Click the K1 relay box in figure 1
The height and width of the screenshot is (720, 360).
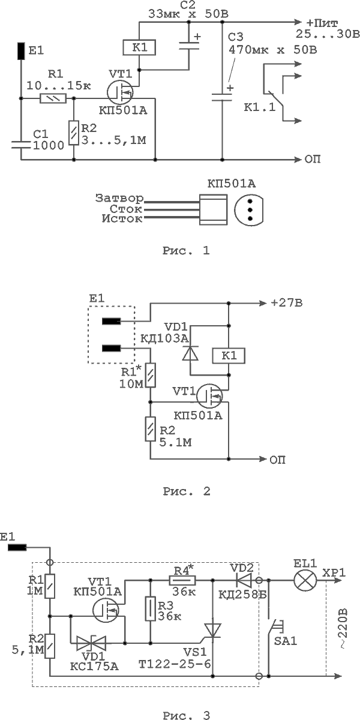coord(139,47)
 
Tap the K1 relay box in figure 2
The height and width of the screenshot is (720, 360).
coord(229,356)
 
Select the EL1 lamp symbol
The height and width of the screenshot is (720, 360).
coord(305,581)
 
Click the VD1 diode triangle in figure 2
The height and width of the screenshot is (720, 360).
coord(190,352)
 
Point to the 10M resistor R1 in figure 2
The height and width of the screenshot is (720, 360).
coord(151,375)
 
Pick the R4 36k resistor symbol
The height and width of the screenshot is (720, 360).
coord(182,580)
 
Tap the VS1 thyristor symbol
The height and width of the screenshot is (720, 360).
coord(212,631)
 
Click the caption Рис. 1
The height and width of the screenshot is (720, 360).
coord(186,250)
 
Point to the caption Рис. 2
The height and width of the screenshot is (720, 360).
coord(187,491)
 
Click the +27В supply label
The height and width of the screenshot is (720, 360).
coord(287,303)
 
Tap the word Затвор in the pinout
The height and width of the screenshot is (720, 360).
coord(119,199)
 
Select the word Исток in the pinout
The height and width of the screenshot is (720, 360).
coord(122,219)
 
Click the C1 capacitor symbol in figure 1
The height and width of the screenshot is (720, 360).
coord(21,145)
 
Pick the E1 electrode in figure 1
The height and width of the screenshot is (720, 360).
coord(21,51)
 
